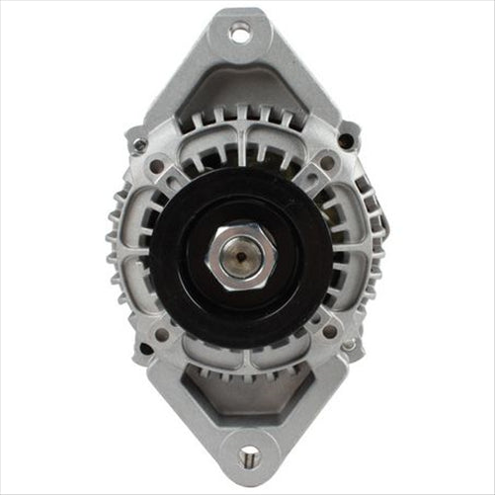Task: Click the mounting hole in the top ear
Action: coord(240,33)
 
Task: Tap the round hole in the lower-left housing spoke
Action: coord(162,334)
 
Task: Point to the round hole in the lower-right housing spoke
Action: coord(328,332)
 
